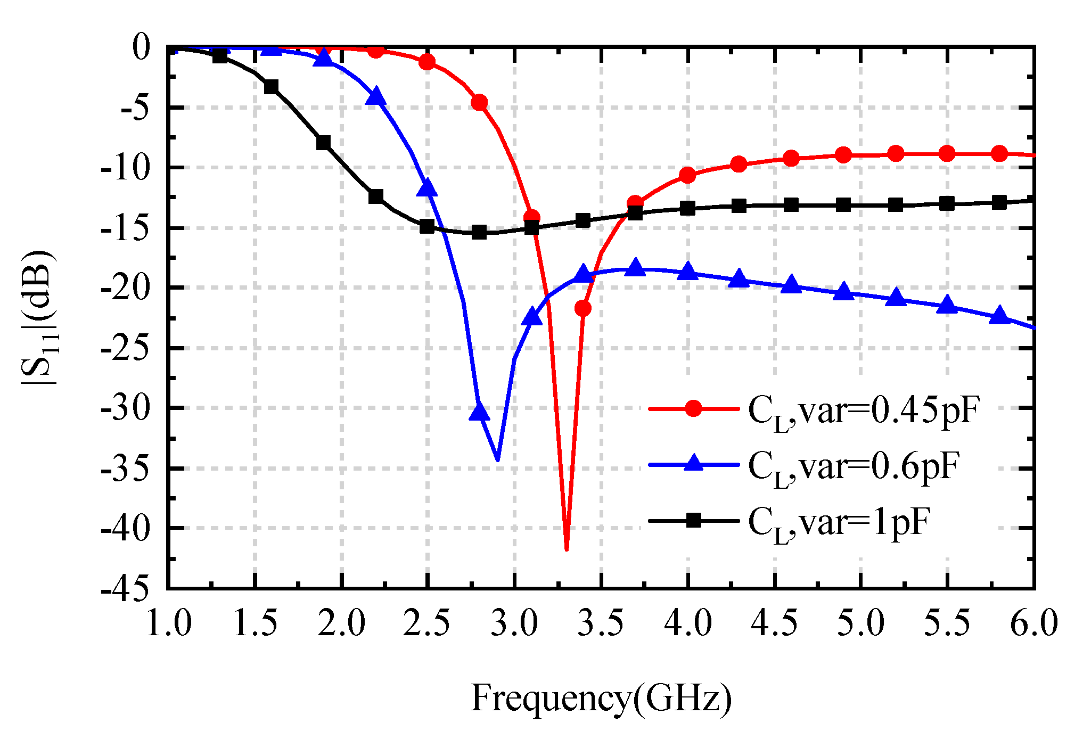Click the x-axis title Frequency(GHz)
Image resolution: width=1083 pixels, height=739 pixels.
tap(601, 699)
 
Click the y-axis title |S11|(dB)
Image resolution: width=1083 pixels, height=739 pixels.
tap(38, 317)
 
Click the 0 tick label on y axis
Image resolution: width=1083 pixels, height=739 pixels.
tap(141, 47)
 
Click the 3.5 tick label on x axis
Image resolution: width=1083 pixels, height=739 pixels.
tap(601, 623)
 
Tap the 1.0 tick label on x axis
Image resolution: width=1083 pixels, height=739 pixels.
tap(168, 623)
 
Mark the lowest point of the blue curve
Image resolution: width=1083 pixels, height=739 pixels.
tap(498, 459)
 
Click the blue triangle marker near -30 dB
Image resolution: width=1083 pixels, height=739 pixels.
tap(479, 410)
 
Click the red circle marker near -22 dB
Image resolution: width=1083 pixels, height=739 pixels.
tap(583, 308)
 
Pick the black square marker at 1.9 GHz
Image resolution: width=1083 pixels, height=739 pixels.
tap(324, 143)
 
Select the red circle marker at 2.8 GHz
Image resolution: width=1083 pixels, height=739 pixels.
tap(480, 102)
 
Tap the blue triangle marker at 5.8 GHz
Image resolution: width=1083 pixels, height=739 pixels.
tap(999, 316)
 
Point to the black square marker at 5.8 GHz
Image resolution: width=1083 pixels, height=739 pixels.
tap(999, 202)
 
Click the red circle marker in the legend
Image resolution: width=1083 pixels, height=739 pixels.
tap(693, 409)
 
